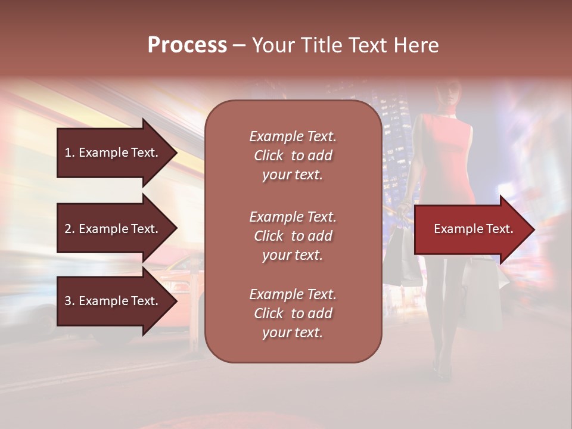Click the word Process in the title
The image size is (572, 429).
pyautogui.click(x=187, y=45)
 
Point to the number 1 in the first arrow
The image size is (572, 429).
pyautogui.click(x=68, y=153)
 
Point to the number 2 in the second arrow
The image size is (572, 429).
pyautogui.click(x=68, y=229)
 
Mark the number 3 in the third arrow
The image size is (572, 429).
pyautogui.click(x=68, y=301)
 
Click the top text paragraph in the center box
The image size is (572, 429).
pyautogui.click(x=293, y=156)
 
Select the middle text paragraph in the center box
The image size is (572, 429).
pyautogui.click(x=293, y=236)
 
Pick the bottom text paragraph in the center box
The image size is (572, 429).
pyautogui.click(x=293, y=313)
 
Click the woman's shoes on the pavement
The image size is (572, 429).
pyautogui.click(x=444, y=372)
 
